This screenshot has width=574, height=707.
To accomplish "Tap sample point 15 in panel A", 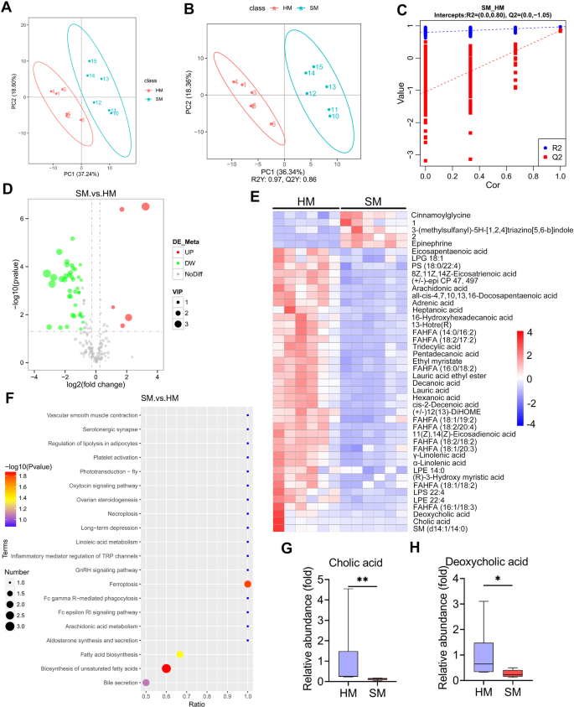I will (x=89, y=61).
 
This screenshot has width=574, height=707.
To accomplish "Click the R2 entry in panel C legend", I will (x=554, y=144).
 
